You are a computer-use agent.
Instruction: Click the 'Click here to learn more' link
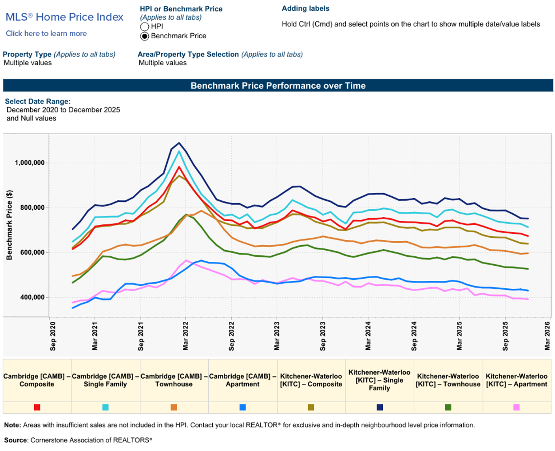46,33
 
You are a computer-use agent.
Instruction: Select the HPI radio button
144,27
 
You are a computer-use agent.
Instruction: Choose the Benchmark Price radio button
144,36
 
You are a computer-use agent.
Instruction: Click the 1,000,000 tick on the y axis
30,163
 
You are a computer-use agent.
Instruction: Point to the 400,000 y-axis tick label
32,297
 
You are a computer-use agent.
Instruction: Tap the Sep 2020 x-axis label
53,336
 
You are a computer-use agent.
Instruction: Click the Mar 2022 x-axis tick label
186,336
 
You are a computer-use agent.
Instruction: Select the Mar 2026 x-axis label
547,336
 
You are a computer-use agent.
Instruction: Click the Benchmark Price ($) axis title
9,225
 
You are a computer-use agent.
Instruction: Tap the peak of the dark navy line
179,143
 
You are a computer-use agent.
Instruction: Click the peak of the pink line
186,260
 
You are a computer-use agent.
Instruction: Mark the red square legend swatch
37,407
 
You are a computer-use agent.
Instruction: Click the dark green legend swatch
448,407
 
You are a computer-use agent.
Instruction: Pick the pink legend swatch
516,407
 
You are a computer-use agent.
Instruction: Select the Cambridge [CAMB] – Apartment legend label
242,380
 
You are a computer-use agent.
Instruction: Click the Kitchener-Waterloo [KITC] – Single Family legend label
379,380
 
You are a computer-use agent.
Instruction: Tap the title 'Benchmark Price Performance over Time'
278,86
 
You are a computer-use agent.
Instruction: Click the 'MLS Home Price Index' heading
64,17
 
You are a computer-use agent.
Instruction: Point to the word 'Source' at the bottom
16,440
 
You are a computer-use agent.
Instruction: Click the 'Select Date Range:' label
38,101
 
